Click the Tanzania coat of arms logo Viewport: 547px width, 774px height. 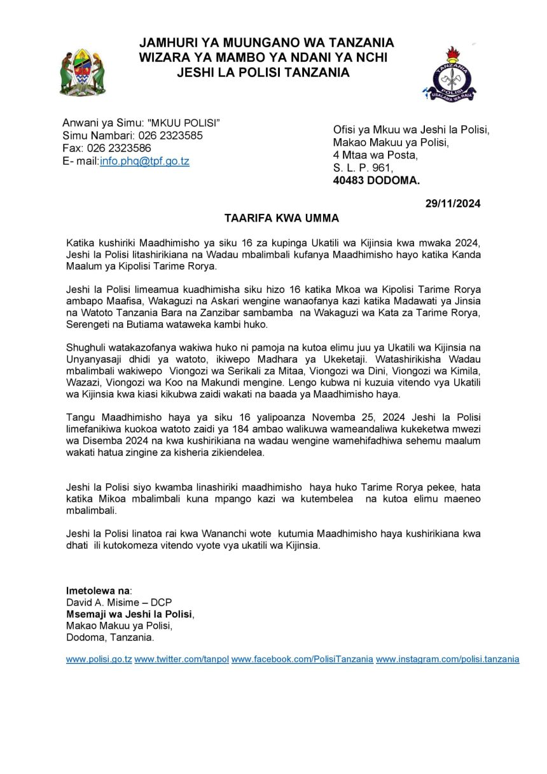pos(83,72)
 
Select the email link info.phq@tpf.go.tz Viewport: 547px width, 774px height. pos(144,161)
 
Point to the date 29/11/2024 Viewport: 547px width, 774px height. pos(453,204)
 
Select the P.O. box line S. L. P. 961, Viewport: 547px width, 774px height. pos(363,167)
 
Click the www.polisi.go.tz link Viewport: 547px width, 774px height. pos(99,659)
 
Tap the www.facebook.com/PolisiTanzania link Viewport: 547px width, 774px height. pos(302,659)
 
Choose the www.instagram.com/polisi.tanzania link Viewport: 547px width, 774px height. pos(447,659)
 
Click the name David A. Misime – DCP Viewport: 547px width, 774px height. pos(119,602)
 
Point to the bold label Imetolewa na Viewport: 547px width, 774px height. pos(97,590)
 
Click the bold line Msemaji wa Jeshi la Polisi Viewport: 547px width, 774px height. pos(129,614)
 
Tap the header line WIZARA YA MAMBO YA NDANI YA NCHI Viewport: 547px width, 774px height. pos(263,57)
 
